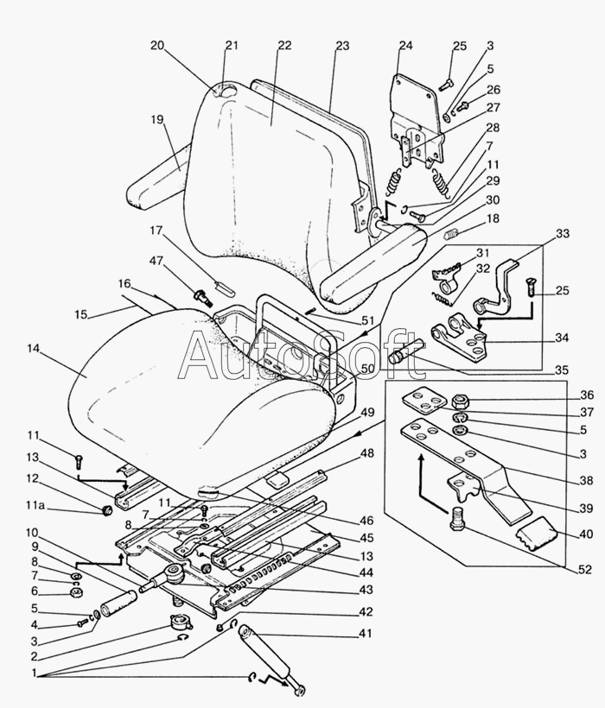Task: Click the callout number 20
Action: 157,46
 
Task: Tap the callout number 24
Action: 405,46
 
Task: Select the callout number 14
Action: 34,349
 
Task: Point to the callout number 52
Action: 584,570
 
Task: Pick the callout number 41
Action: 365,634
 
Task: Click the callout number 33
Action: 563,234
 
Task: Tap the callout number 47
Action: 156,261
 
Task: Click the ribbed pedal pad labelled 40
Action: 536,534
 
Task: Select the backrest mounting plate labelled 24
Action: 414,122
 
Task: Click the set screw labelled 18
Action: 452,234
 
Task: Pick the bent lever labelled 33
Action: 495,287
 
